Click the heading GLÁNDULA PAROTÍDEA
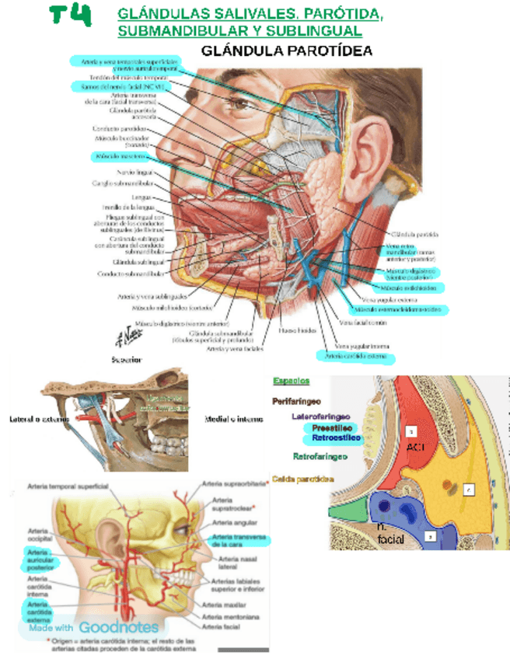[287, 51]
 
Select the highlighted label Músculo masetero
[120, 156]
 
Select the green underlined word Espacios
[292, 381]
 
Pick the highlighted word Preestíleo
[333, 427]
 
